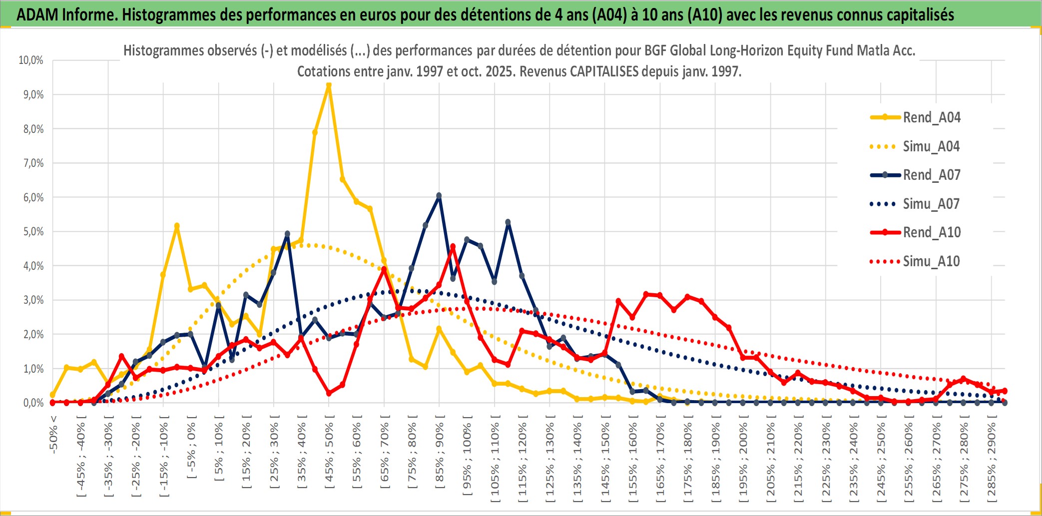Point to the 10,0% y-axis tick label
click(31, 60)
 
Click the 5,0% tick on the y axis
click(33, 232)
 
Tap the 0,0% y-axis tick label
click(33, 403)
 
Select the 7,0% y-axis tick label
click(33, 163)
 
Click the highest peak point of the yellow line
click(329, 86)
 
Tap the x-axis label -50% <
click(53, 434)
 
